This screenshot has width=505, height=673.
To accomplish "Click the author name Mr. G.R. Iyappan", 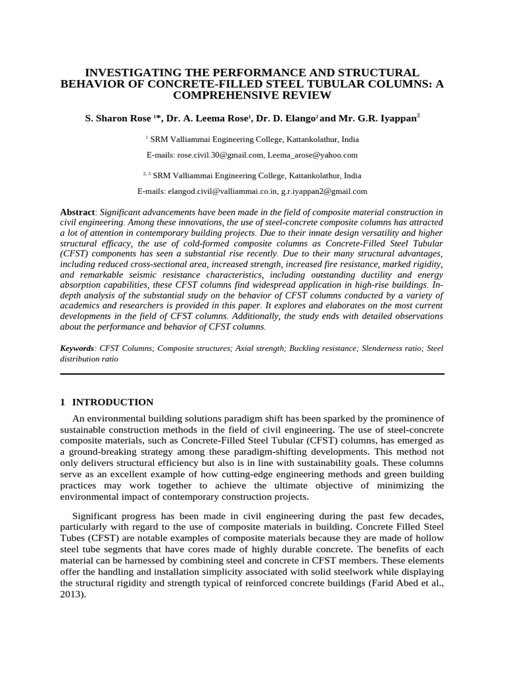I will [377, 118].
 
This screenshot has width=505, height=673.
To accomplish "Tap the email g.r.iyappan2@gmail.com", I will [324, 191].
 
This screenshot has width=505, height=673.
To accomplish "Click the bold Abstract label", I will [78, 212].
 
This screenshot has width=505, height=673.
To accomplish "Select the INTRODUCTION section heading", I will [112, 402].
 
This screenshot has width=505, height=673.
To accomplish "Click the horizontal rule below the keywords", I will [252, 374].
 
